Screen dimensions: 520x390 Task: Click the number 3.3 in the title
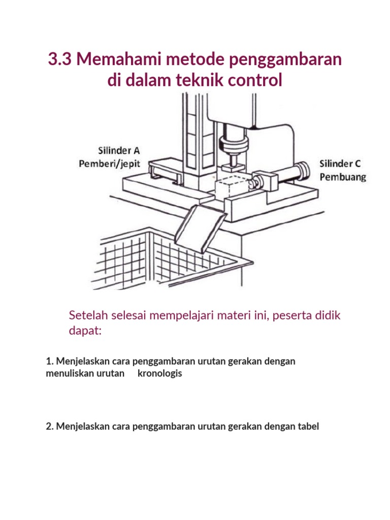click(x=60, y=59)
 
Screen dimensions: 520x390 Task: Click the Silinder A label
click(x=119, y=150)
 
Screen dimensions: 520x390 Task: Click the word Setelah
click(x=87, y=315)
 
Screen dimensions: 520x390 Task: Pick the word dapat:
click(x=85, y=331)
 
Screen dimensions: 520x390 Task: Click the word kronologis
click(x=159, y=373)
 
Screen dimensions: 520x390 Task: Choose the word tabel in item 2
click(x=308, y=426)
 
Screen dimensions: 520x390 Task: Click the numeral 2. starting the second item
click(x=50, y=426)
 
